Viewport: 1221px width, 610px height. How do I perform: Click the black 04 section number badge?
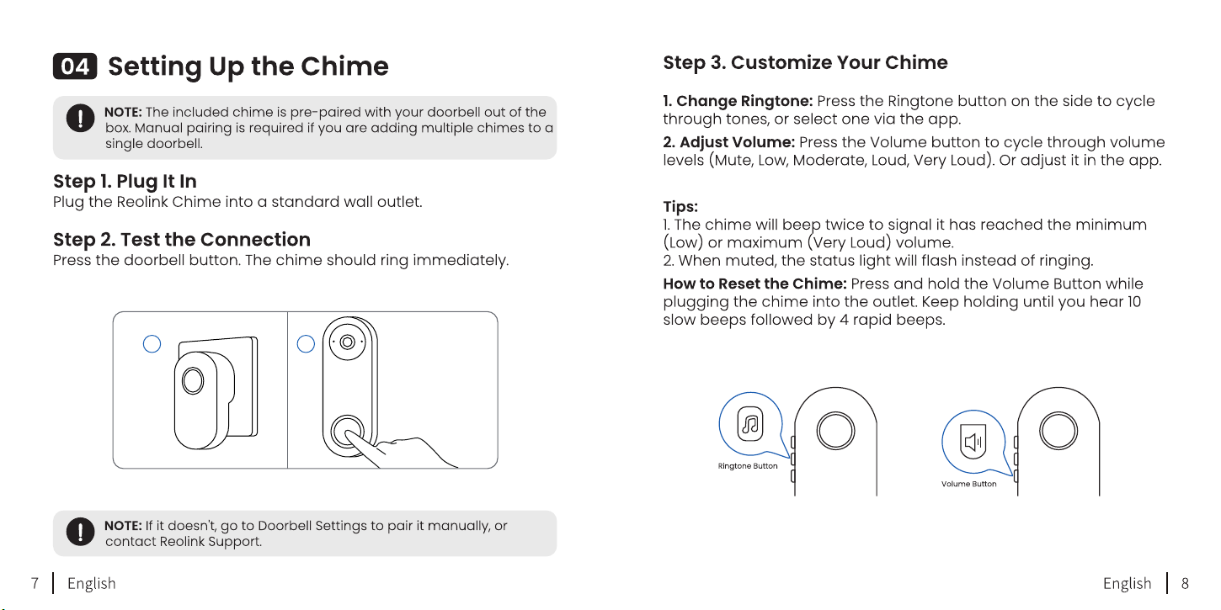[x=75, y=66]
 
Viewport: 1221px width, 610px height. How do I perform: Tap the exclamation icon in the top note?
[x=80, y=118]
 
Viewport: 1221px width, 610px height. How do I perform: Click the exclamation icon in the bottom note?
[x=80, y=532]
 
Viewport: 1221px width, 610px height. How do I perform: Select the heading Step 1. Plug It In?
[x=125, y=182]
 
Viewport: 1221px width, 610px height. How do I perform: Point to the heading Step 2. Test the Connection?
[x=182, y=239]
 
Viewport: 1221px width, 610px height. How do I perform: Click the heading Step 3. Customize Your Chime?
[x=805, y=62]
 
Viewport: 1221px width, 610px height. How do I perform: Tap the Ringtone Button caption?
[x=747, y=466]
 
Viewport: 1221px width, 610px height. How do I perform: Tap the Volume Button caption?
[x=968, y=484]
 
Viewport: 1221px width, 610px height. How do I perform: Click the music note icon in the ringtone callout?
[x=750, y=424]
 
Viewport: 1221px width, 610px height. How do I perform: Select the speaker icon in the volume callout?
[x=973, y=441]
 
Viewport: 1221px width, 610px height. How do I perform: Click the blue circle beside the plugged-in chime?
[x=152, y=343]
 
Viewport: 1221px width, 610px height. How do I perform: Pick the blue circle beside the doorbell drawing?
[x=306, y=343]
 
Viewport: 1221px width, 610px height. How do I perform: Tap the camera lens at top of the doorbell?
[x=347, y=342]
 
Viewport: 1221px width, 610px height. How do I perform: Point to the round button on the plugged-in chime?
[x=193, y=380]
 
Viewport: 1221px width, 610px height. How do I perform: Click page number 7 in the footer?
[x=35, y=583]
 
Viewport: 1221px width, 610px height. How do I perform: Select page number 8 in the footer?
[x=1185, y=583]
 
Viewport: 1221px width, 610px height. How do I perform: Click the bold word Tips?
[x=680, y=207]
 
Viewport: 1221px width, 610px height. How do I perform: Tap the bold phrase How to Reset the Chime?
[x=754, y=284]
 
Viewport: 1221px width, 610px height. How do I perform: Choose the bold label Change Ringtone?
[x=738, y=101]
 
